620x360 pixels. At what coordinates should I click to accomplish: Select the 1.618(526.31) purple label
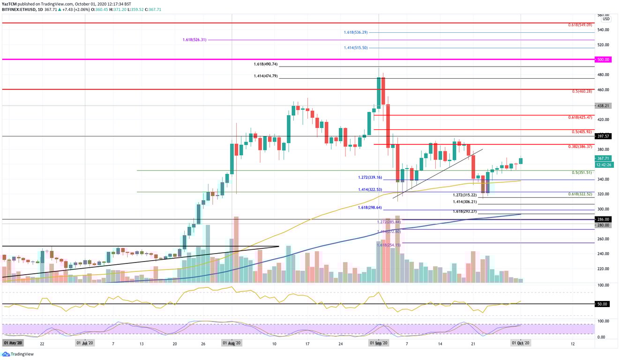194,40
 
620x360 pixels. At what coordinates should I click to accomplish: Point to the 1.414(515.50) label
354,48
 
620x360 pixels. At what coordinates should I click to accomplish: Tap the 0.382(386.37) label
580,147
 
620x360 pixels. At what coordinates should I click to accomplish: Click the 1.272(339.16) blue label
369,178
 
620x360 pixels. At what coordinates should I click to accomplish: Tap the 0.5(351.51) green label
582,172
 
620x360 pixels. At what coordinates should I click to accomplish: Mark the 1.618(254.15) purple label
388,245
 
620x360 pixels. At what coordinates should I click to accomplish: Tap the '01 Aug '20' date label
232,343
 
